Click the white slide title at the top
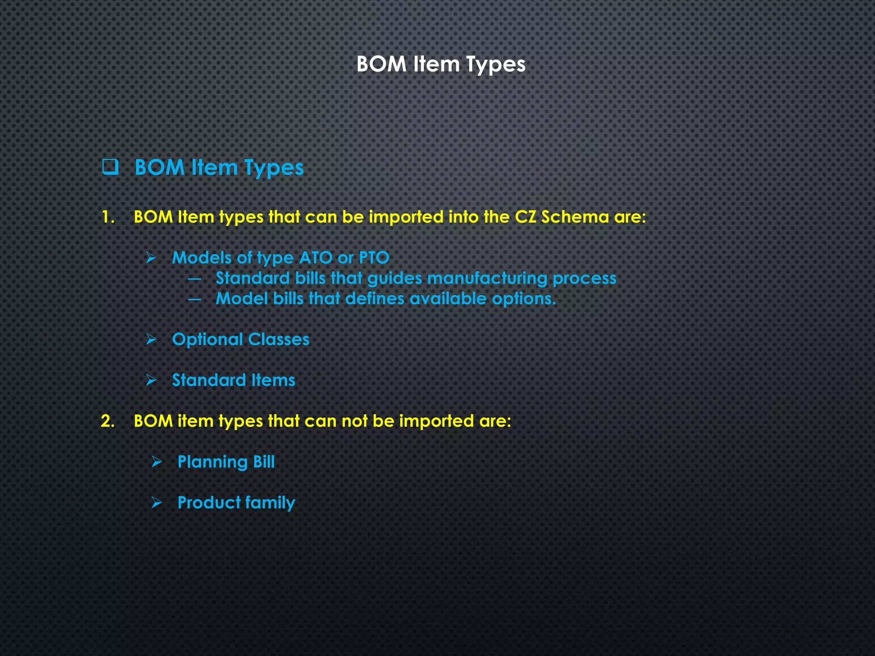point(440,64)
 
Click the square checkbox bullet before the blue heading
point(110,167)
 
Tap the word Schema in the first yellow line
point(575,217)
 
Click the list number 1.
point(108,217)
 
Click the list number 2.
point(108,421)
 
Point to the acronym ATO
point(316,258)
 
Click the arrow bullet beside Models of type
point(151,258)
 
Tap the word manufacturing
point(487,278)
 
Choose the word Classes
point(279,340)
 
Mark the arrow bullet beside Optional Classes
point(151,340)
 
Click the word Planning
point(212,462)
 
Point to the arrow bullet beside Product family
point(157,503)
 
